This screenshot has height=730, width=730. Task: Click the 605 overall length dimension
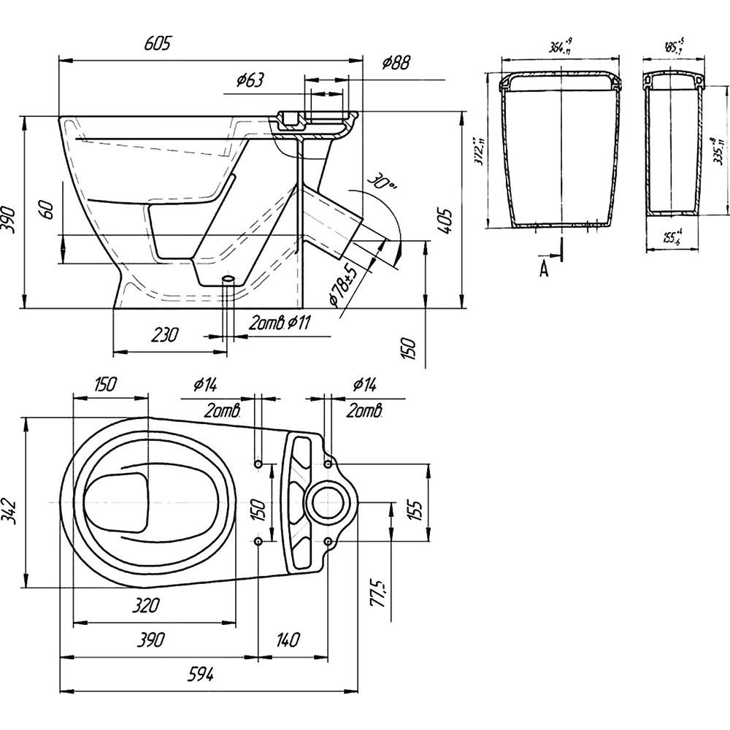pos(158,45)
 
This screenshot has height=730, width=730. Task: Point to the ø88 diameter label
pos(395,64)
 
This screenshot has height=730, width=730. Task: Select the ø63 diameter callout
pos(250,81)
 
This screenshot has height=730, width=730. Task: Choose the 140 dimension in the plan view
pos(287,640)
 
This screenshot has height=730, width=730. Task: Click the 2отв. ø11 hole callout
pos(280,323)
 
